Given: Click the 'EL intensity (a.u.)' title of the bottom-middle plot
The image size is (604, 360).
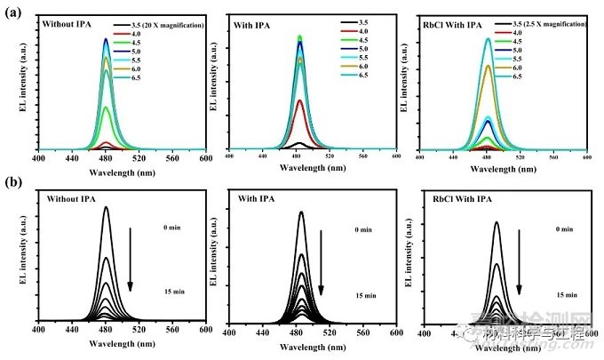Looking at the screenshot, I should [215, 258].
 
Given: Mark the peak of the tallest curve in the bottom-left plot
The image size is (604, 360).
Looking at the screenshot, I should [106, 207].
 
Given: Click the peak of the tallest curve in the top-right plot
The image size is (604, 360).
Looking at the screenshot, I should [487, 38].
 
